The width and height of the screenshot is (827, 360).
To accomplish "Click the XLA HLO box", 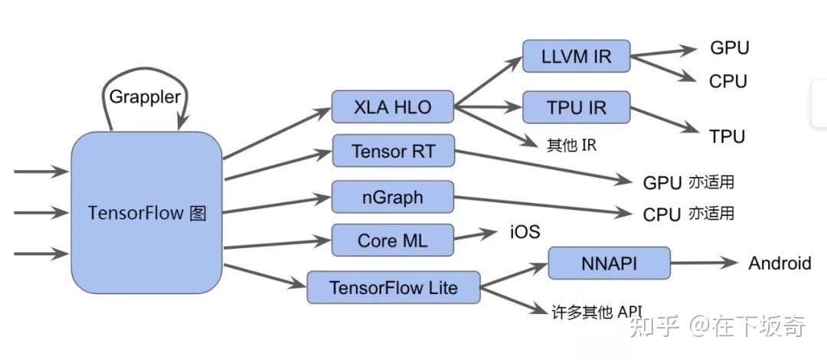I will pos(393,107).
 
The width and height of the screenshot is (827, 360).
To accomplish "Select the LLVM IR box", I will pos(576,57).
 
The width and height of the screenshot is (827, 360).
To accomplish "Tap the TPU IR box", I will pos(576,108).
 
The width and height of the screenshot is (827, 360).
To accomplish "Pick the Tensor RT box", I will pos(393,151).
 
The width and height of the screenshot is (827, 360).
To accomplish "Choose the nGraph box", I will pos(393,197).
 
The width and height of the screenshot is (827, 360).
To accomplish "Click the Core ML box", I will pos(393,241).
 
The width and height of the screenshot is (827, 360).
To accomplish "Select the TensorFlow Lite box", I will pos(393,287).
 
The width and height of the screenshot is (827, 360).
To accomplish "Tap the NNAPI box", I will pos(609,263).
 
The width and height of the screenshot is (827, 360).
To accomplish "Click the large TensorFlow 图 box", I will pos(146,212).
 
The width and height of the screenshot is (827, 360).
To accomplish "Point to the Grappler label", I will pos(145,97).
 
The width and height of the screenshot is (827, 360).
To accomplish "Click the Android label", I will pos(779,263).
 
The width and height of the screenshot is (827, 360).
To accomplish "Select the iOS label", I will pos(525,231).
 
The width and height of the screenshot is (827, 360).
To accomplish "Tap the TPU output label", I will pos(727,137).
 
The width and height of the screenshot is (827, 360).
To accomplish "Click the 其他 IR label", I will pos(570,145).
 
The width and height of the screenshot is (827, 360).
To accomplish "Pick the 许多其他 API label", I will pos(597,312).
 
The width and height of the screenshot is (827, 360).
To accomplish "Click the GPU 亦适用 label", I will pos(688,182).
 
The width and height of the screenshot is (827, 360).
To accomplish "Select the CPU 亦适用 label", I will pos(688,214).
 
